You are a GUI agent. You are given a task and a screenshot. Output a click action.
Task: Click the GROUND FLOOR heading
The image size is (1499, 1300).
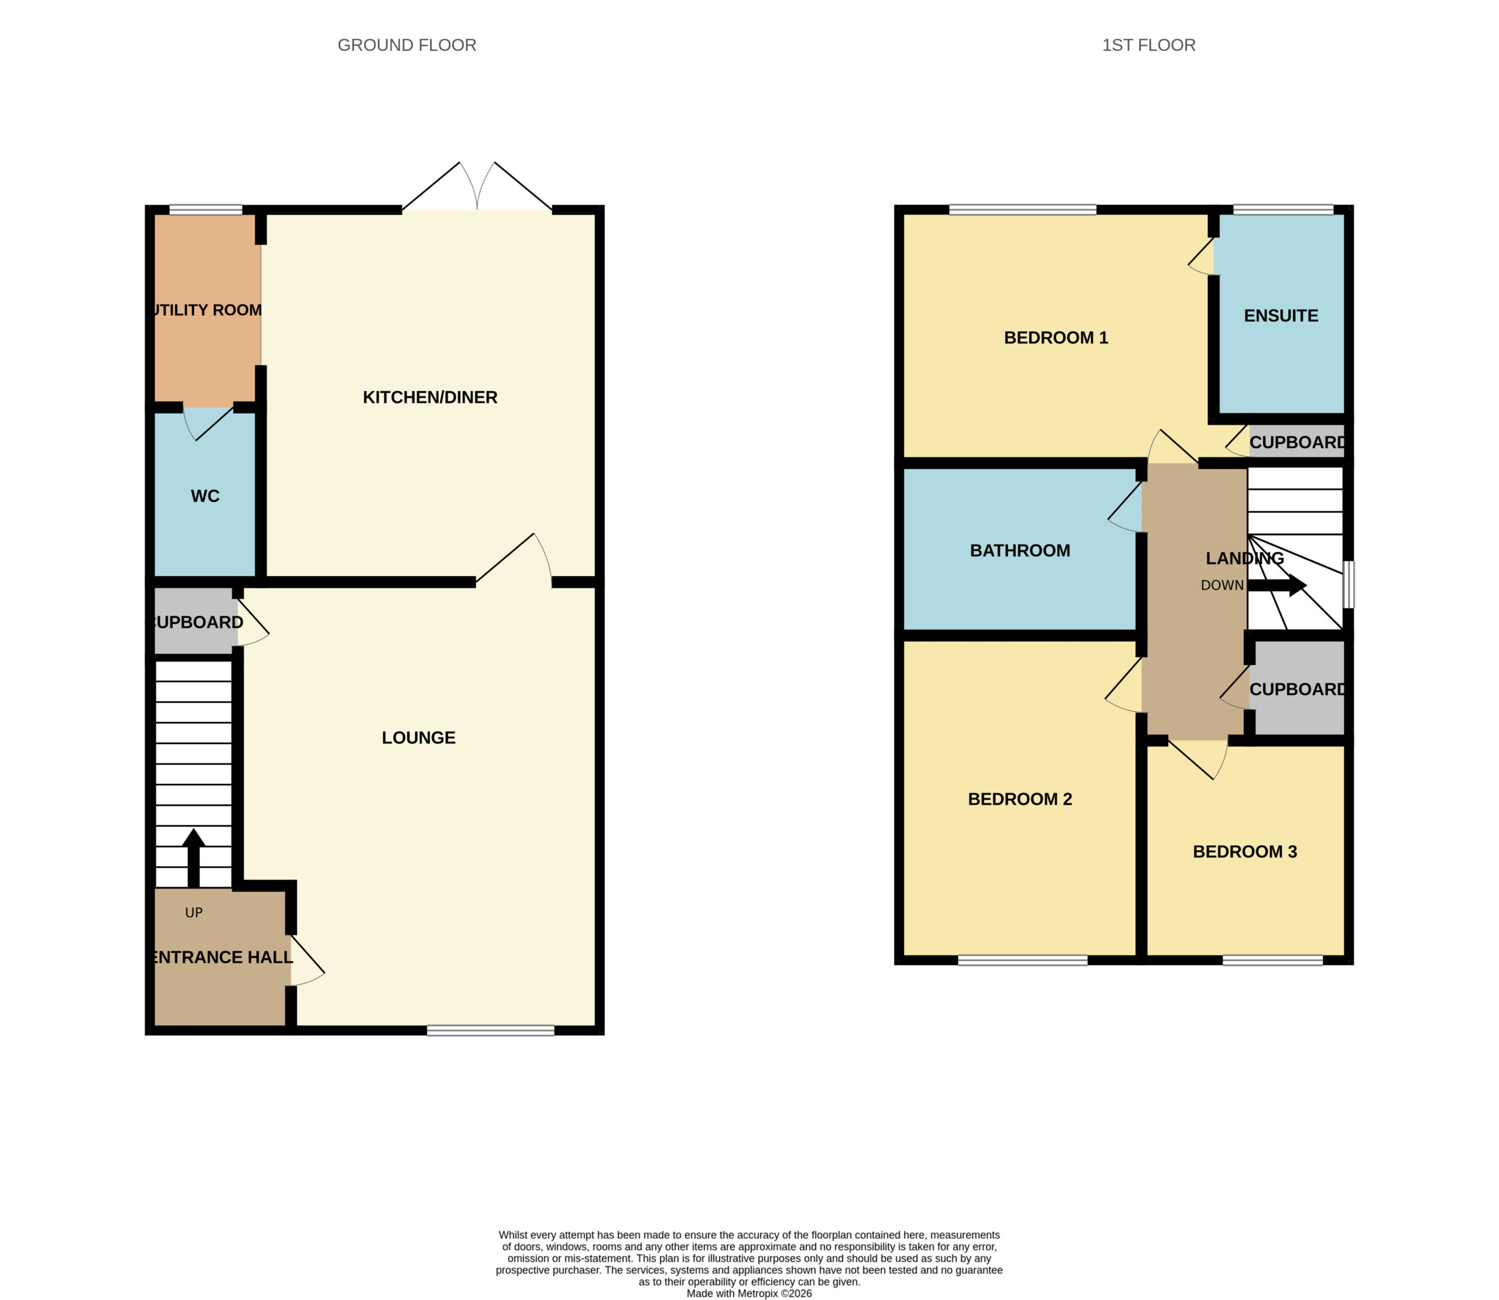tap(406, 45)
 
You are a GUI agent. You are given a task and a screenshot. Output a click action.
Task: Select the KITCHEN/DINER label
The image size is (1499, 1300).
tap(430, 397)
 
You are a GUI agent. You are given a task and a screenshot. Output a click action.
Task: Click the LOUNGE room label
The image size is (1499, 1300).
tap(419, 737)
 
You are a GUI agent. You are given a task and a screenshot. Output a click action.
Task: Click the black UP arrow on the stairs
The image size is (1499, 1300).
tap(193, 857)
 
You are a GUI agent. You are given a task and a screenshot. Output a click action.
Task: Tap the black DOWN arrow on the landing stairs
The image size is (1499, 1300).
tap(1277, 585)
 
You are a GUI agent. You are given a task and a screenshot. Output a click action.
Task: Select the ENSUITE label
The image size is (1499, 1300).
tap(1281, 315)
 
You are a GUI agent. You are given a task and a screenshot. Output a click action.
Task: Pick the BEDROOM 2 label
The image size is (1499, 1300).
tap(1019, 799)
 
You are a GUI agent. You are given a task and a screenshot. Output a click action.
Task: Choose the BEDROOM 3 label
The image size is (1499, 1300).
tap(1244, 851)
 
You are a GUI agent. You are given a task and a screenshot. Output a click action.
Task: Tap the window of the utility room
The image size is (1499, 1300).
tap(206, 210)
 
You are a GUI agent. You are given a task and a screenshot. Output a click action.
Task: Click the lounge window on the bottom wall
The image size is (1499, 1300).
tap(491, 1030)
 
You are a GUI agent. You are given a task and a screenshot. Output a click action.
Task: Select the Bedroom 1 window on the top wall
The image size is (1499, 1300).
tap(1022, 210)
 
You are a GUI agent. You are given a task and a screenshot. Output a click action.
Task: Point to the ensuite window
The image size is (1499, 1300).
tap(1284, 210)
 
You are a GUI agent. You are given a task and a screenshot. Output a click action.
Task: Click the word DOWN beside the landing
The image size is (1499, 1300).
tap(1222, 585)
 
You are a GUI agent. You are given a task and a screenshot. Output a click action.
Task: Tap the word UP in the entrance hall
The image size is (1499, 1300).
tap(194, 913)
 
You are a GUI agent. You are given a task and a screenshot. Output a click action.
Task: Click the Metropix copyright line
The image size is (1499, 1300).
tap(749, 1293)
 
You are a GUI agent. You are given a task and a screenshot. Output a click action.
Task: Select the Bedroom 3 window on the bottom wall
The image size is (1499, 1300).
tap(1272, 961)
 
